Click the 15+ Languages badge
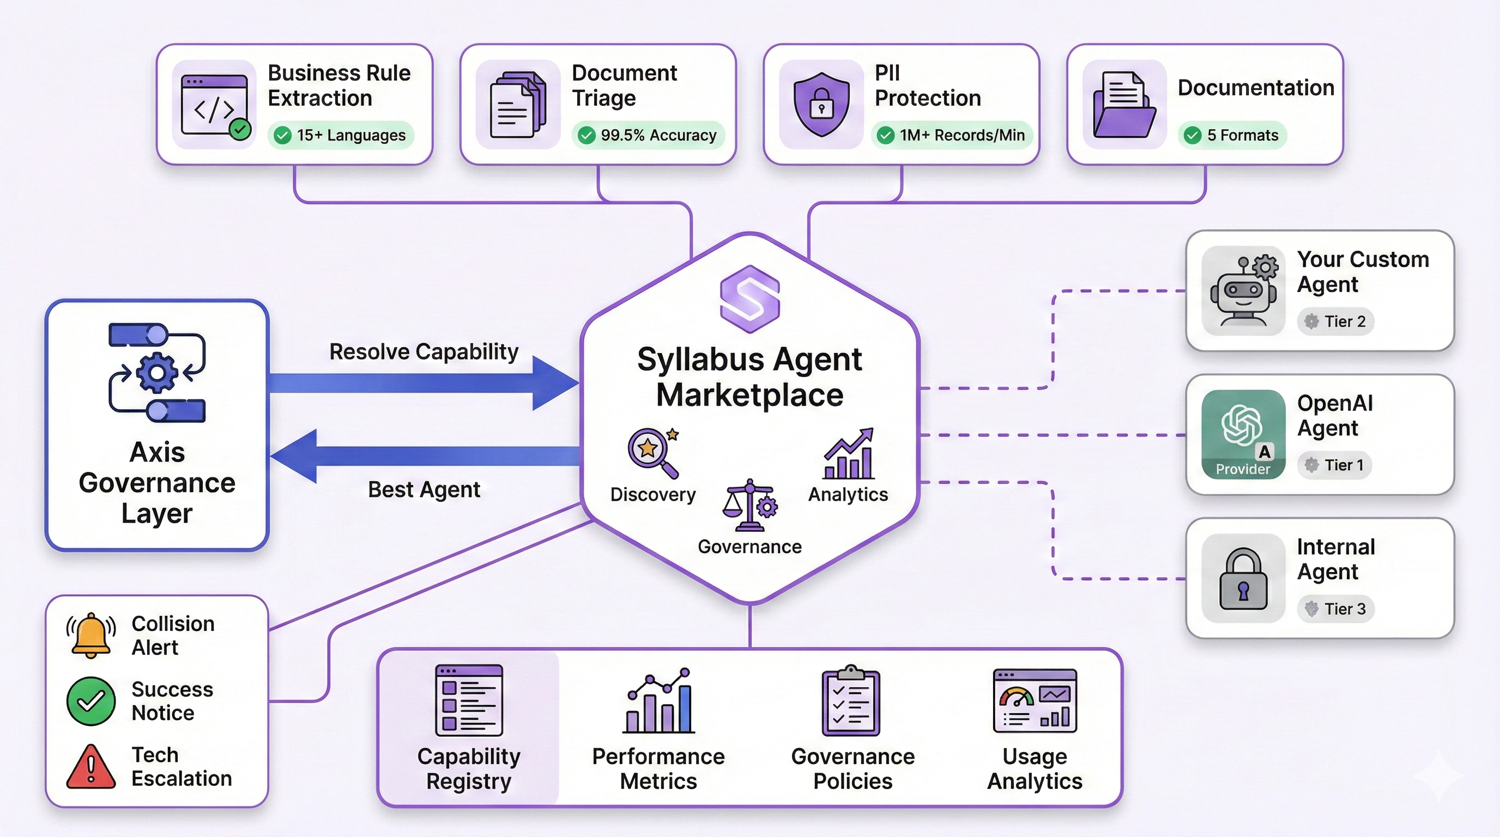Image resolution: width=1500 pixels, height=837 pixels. click(x=341, y=135)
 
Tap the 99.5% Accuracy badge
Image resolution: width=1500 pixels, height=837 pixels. click(x=648, y=135)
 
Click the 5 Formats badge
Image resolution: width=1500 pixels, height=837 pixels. click(x=1233, y=135)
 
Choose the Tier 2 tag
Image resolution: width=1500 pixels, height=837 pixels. click(x=1335, y=322)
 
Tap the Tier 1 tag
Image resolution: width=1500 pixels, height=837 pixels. click(x=1334, y=465)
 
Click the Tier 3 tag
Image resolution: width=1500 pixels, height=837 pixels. click(x=1335, y=609)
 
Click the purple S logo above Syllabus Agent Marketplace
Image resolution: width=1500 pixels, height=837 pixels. click(x=749, y=299)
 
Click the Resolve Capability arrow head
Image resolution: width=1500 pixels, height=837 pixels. click(x=553, y=383)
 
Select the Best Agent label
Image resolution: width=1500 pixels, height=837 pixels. click(x=424, y=489)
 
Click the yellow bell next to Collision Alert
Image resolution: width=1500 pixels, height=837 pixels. click(x=91, y=635)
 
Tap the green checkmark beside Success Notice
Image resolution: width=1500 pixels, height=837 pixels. click(x=91, y=701)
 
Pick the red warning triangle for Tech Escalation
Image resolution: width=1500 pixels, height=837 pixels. click(x=91, y=767)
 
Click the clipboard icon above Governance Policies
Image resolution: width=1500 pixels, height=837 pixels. click(x=851, y=701)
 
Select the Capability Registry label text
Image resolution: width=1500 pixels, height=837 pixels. click(x=469, y=768)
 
